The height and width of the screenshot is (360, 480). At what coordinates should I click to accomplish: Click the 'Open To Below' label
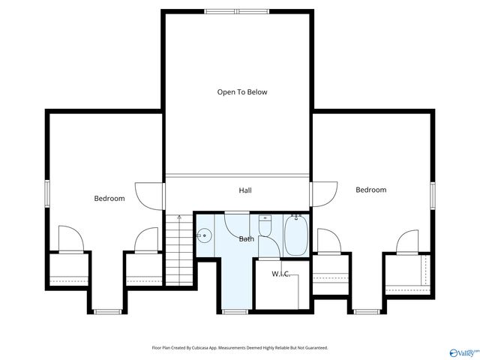coord(241,92)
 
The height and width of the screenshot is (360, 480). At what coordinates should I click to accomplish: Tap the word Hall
coord(244,190)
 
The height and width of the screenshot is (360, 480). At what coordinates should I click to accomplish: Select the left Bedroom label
coord(109,199)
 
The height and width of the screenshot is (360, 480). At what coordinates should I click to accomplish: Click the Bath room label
coord(246,239)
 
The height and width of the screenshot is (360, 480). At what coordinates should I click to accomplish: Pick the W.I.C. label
coord(280,274)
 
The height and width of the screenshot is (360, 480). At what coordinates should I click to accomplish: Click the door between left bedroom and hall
coord(150,196)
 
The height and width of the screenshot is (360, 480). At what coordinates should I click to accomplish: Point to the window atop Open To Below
coord(235,11)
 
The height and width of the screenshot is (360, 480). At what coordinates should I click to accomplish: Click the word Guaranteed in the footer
coord(316,348)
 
